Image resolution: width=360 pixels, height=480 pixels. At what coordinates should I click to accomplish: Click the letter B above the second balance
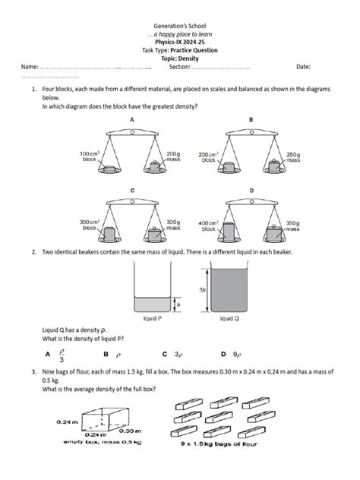pyautogui.click(x=251, y=120)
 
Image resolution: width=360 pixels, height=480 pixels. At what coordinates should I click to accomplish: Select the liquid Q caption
pyautogui.click(x=230, y=318)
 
